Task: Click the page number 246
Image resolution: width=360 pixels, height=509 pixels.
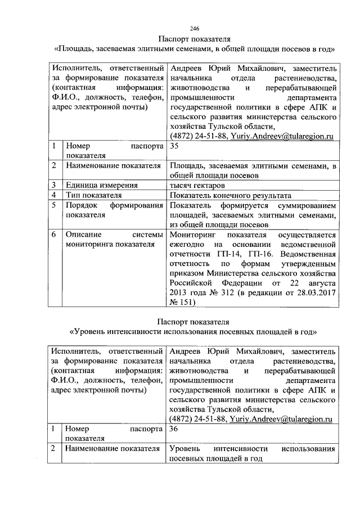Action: pos(194,29)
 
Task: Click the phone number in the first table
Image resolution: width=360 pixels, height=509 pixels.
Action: pos(195,136)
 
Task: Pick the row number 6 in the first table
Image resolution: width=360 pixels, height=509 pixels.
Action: pos(53,235)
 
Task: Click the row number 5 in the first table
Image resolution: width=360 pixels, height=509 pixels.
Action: pos(53,205)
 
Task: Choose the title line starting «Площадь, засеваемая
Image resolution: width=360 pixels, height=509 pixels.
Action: pos(194,48)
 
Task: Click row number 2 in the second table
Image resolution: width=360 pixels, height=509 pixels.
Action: pos(53,449)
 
